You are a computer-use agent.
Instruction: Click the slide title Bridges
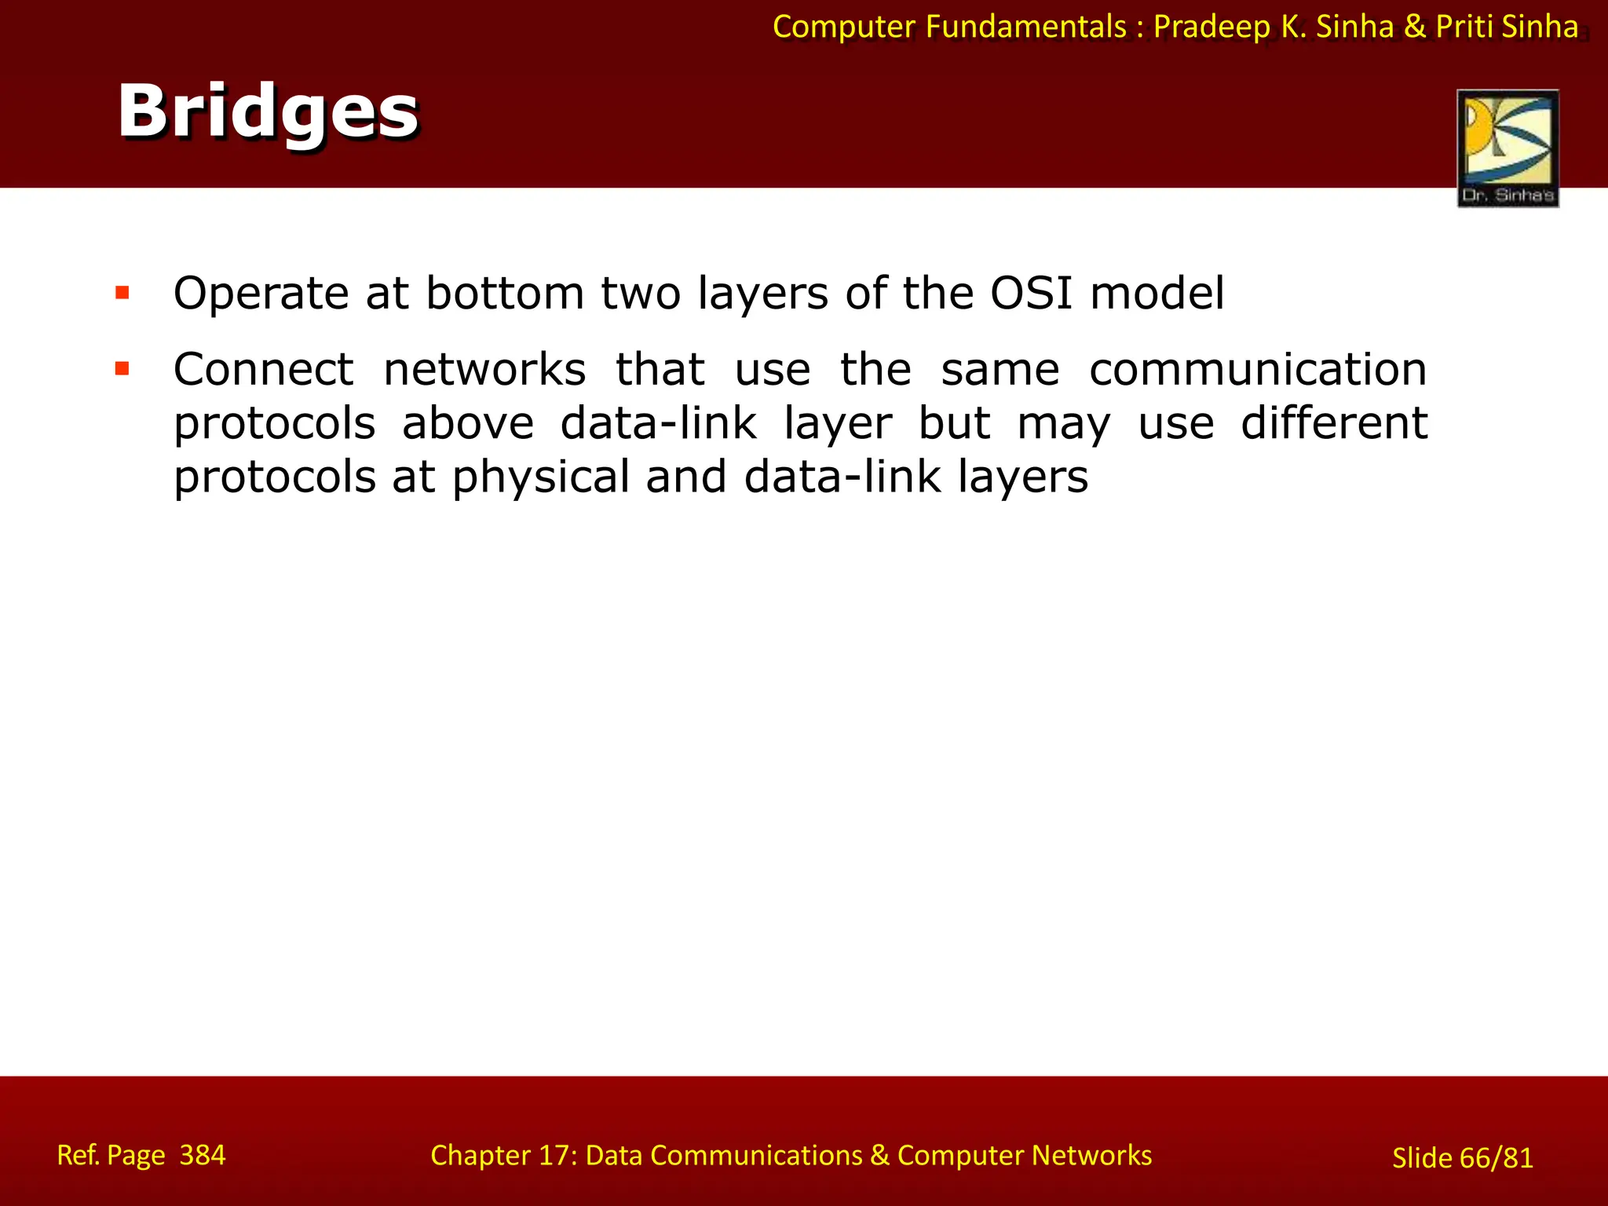point(268,111)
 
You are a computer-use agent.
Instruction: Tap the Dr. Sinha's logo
point(1507,148)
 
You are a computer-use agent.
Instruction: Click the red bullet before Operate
point(122,294)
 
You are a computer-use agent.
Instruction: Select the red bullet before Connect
point(122,368)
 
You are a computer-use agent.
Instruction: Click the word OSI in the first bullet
point(1031,294)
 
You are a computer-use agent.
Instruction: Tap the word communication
point(1258,370)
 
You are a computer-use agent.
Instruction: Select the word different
point(1333,423)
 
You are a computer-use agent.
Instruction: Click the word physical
point(541,477)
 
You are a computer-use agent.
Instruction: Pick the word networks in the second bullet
point(484,370)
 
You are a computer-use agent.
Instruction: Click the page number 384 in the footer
point(203,1155)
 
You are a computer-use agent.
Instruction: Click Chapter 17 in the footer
point(503,1155)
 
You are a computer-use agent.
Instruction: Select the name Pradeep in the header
point(1211,27)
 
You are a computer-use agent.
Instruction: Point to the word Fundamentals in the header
point(1025,27)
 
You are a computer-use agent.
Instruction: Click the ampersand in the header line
point(1415,27)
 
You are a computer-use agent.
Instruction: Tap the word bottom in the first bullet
point(505,294)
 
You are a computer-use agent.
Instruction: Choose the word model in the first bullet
point(1157,294)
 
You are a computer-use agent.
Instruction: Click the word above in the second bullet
point(468,423)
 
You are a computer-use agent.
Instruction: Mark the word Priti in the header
point(1464,27)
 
